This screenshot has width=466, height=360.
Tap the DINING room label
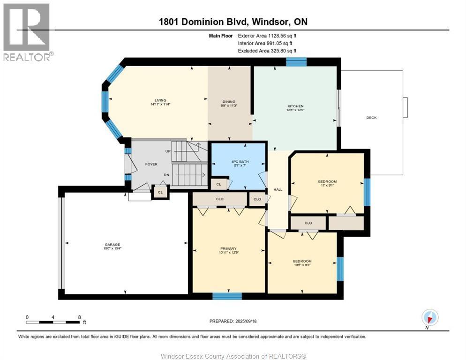(229, 102)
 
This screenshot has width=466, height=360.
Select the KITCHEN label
(295, 106)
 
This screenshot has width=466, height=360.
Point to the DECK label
(371, 118)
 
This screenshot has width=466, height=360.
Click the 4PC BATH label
(240, 162)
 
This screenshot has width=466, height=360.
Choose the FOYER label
(151, 164)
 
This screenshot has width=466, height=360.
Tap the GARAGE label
(113, 244)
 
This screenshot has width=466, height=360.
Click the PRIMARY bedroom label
(229, 248)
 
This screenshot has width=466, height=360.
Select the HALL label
(278, 189)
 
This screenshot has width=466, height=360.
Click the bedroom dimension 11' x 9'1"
(327, 185)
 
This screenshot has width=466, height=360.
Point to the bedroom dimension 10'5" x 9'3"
(302, 265)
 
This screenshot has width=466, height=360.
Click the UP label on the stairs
(168, 152)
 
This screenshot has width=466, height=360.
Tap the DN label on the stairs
(166, 175)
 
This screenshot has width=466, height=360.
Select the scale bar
(53, 322)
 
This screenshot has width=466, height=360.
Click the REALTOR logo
(27, 32)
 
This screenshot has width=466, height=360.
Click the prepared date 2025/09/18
(233, 321)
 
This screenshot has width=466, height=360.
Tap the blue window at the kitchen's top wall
(296, 61)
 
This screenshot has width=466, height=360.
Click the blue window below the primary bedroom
(227, 296)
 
